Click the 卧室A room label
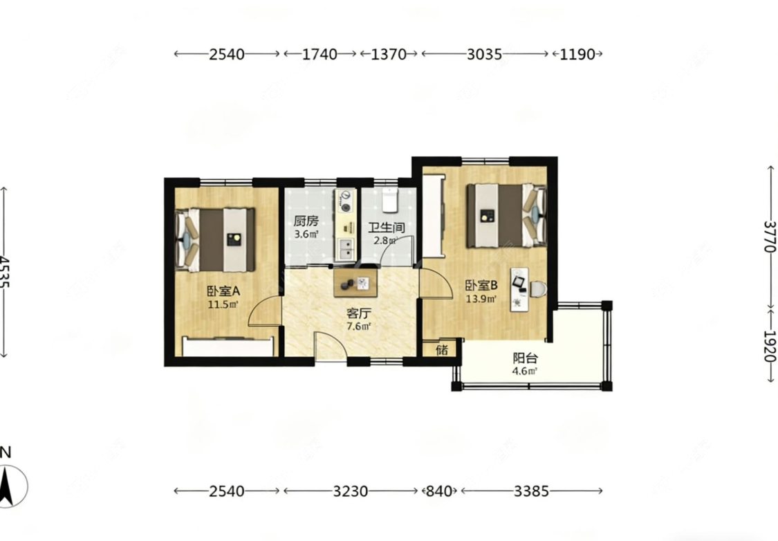click(223, 291)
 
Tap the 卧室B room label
click(481, 285)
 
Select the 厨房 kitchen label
click(306, 221)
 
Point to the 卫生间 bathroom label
click(386, 228)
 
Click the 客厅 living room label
click(359, 313)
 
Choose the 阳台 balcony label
click(525, 358)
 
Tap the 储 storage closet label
click(442, 350)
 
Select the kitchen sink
click(345, 249)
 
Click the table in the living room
click(355, 283)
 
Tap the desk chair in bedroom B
click(538, 289)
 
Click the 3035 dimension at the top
click(484, 54)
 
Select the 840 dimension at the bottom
click(439, 491)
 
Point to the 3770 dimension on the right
click(770, 236)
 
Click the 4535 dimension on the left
click(4, 272)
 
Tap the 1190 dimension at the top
click(577, 54)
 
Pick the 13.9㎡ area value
click(481, 299)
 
